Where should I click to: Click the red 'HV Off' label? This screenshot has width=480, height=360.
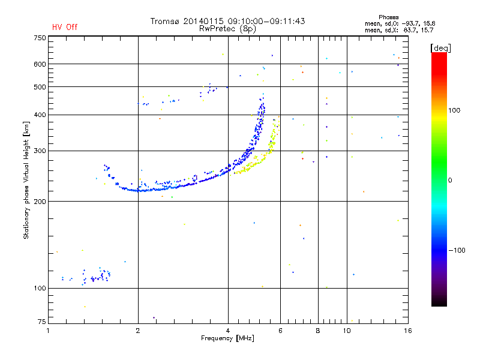pyautogui.click(x=65, y=27)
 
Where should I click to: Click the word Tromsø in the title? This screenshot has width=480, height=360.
pyautogui.click(x=164, y=21)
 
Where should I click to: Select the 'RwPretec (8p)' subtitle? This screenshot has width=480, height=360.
pyautogui.click(x=227, y=29)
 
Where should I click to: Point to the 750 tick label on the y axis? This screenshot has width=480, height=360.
pyautogui.click(x=40, y=38)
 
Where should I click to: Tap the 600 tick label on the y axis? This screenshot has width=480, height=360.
pyautogui.click(x=40, y=64)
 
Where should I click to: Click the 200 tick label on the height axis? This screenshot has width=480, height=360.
pyautogui.click(x=40, y=202)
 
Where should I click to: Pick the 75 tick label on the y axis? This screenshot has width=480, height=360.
pyautogui.click(x=42, y=322)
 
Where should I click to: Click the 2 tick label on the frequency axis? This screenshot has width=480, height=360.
pyautogui.click(x=138, y=331)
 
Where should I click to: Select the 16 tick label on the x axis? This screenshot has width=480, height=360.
pyautogui.click(x=408, y=331)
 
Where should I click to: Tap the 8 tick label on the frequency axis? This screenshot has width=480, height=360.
pyautogui.click(x=318, y=331)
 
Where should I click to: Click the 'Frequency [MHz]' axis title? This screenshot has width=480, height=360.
pyautogui.click(x=227, y=338)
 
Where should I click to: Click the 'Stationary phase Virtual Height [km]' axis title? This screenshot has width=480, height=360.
pyautogui.click(x=26, y=180)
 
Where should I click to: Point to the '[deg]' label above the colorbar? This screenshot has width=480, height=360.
pyautogui.click(x=440, y=49)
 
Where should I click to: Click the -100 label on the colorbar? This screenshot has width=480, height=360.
pyautogui.click(x=457, y=250)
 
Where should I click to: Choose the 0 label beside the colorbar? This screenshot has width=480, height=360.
pyautogui.click(x=450, y=181)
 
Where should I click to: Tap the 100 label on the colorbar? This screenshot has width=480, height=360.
pyautogui.click(x=454, y=110)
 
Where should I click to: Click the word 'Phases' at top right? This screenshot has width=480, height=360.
pyautogui.click(x=388, y=17)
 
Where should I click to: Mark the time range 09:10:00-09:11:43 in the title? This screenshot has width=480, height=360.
pyautogui.click(x=266, y=21)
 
